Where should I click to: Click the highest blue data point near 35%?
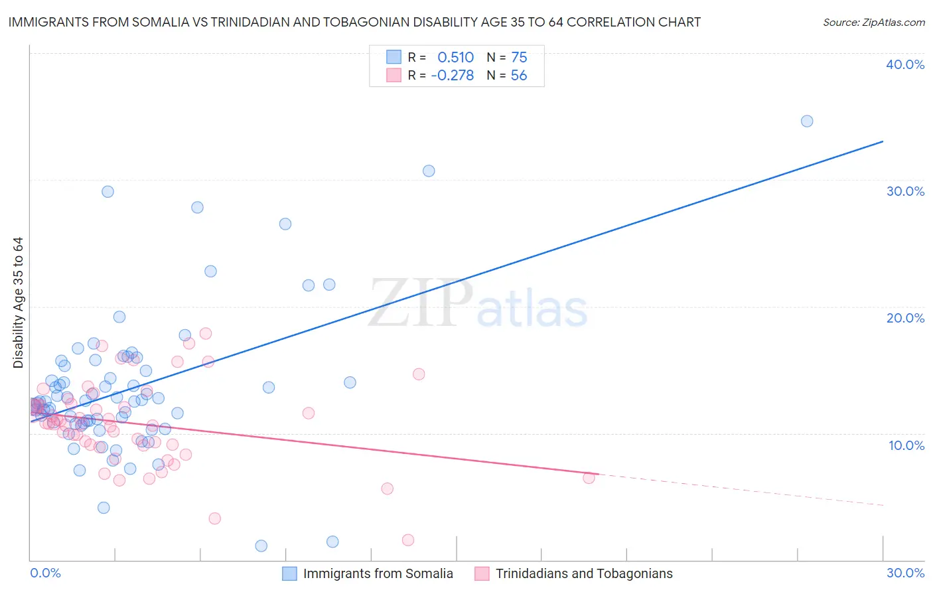click(806, 121)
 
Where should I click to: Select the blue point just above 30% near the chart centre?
click(429, 171)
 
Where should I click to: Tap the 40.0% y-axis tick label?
click(905, 64)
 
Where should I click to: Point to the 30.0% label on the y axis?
click(905, 191)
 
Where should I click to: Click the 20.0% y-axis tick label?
click(905, 318)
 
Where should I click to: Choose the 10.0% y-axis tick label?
click(906, 445)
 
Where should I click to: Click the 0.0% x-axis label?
click(45, 573)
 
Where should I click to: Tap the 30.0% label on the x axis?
click(905, 573)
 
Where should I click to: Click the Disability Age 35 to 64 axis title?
click(18, 303)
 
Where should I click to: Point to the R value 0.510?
click(455, 57)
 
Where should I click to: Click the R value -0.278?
click(452, 76)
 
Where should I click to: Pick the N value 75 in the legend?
click(519, 57)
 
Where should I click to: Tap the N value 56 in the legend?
click(519, 76)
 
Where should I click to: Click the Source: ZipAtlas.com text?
click(873, 23)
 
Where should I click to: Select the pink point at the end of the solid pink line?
click(589, 477)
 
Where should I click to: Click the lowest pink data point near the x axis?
click(408, 540)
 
